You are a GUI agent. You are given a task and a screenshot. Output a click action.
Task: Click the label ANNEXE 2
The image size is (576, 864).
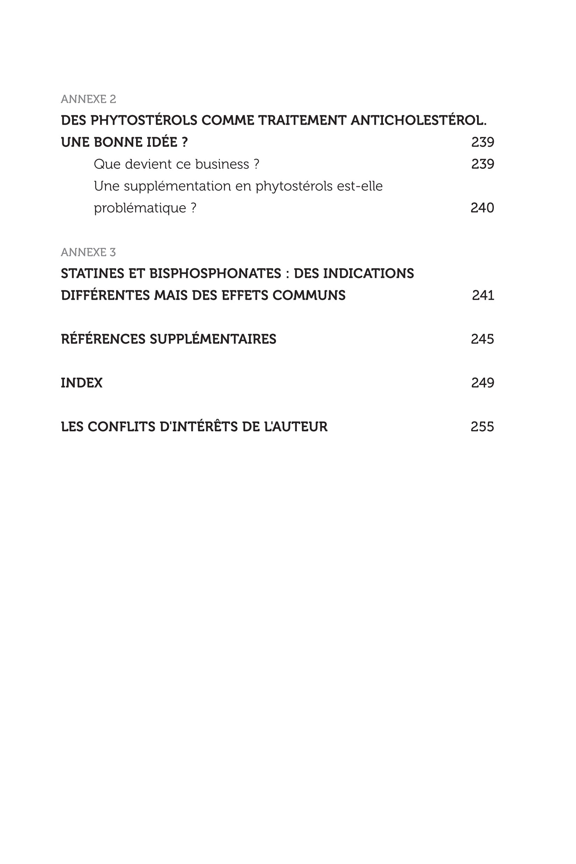(x=88, y=99)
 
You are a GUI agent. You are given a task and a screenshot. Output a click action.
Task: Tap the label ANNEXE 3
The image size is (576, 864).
(x=88, y=252)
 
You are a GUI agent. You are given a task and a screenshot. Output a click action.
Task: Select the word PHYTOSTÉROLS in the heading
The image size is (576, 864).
(x=144, y=120)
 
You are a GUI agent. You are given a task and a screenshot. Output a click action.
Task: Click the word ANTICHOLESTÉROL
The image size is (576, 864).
(x=418, y=120)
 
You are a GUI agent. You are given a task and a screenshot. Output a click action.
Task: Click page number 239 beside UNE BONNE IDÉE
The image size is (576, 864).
(x=482, y=142)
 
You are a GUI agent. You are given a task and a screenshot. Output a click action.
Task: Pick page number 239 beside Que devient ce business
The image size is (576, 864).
(x=482, y=164)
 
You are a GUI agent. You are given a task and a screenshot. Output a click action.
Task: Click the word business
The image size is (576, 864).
(x=222, y=164)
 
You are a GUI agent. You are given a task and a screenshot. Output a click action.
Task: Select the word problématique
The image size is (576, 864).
(x=140, y=208)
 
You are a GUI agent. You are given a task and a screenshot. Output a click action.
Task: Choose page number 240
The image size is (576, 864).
(x=482, y=208)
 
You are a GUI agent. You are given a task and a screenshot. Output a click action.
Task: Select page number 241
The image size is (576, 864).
(x=483, y=295)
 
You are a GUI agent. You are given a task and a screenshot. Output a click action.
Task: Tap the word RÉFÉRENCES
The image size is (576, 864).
(x=103, y=339)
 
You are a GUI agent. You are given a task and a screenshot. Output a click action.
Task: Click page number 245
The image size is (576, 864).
(x=482, y=339)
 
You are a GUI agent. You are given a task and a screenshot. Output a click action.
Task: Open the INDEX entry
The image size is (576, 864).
(x=81, y=383)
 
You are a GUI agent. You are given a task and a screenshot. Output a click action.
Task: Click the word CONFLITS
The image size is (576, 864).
(x=121, y=426)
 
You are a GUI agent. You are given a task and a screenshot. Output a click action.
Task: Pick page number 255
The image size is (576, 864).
(x=482, y=426)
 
